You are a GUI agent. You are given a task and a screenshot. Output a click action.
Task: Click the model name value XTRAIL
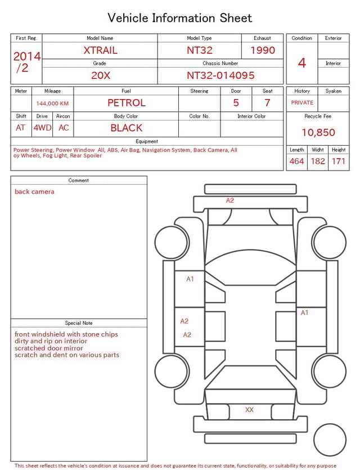pos(100,50)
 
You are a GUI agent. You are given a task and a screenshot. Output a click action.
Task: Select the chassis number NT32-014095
pos(220,75)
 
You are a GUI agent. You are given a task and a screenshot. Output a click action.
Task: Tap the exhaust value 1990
pos(263,50)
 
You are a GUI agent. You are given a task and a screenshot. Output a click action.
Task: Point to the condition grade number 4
pos(302,63)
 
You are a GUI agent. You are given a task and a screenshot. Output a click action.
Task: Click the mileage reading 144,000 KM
pos(52,104)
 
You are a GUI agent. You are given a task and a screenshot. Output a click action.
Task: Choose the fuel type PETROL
pos(126,102)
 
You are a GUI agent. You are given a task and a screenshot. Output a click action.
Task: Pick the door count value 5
pos(236,102)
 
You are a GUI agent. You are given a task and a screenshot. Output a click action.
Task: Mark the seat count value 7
pos(267,102)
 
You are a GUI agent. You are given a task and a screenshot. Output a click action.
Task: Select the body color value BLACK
pos(126,128)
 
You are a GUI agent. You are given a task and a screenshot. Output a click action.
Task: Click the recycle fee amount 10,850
pos(318,132)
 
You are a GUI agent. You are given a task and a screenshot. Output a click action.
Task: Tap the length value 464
pos(296,162)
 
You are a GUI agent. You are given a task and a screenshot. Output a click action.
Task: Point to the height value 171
pos(339,162)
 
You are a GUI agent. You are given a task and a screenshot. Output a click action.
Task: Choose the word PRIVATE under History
pos(302,103)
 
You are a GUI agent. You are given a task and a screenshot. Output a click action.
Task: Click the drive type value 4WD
pos(42,128)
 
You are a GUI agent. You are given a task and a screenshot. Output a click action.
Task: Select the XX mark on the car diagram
pos(249,410)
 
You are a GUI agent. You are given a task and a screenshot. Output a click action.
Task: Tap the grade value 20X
pos(100,75)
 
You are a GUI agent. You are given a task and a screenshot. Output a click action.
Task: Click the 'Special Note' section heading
pos(79,323)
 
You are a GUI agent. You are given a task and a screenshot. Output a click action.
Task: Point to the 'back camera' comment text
pos(35,192)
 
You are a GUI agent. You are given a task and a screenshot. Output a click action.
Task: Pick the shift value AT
pos(21,128)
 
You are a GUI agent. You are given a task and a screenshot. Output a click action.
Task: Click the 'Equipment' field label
pos(147,141)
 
